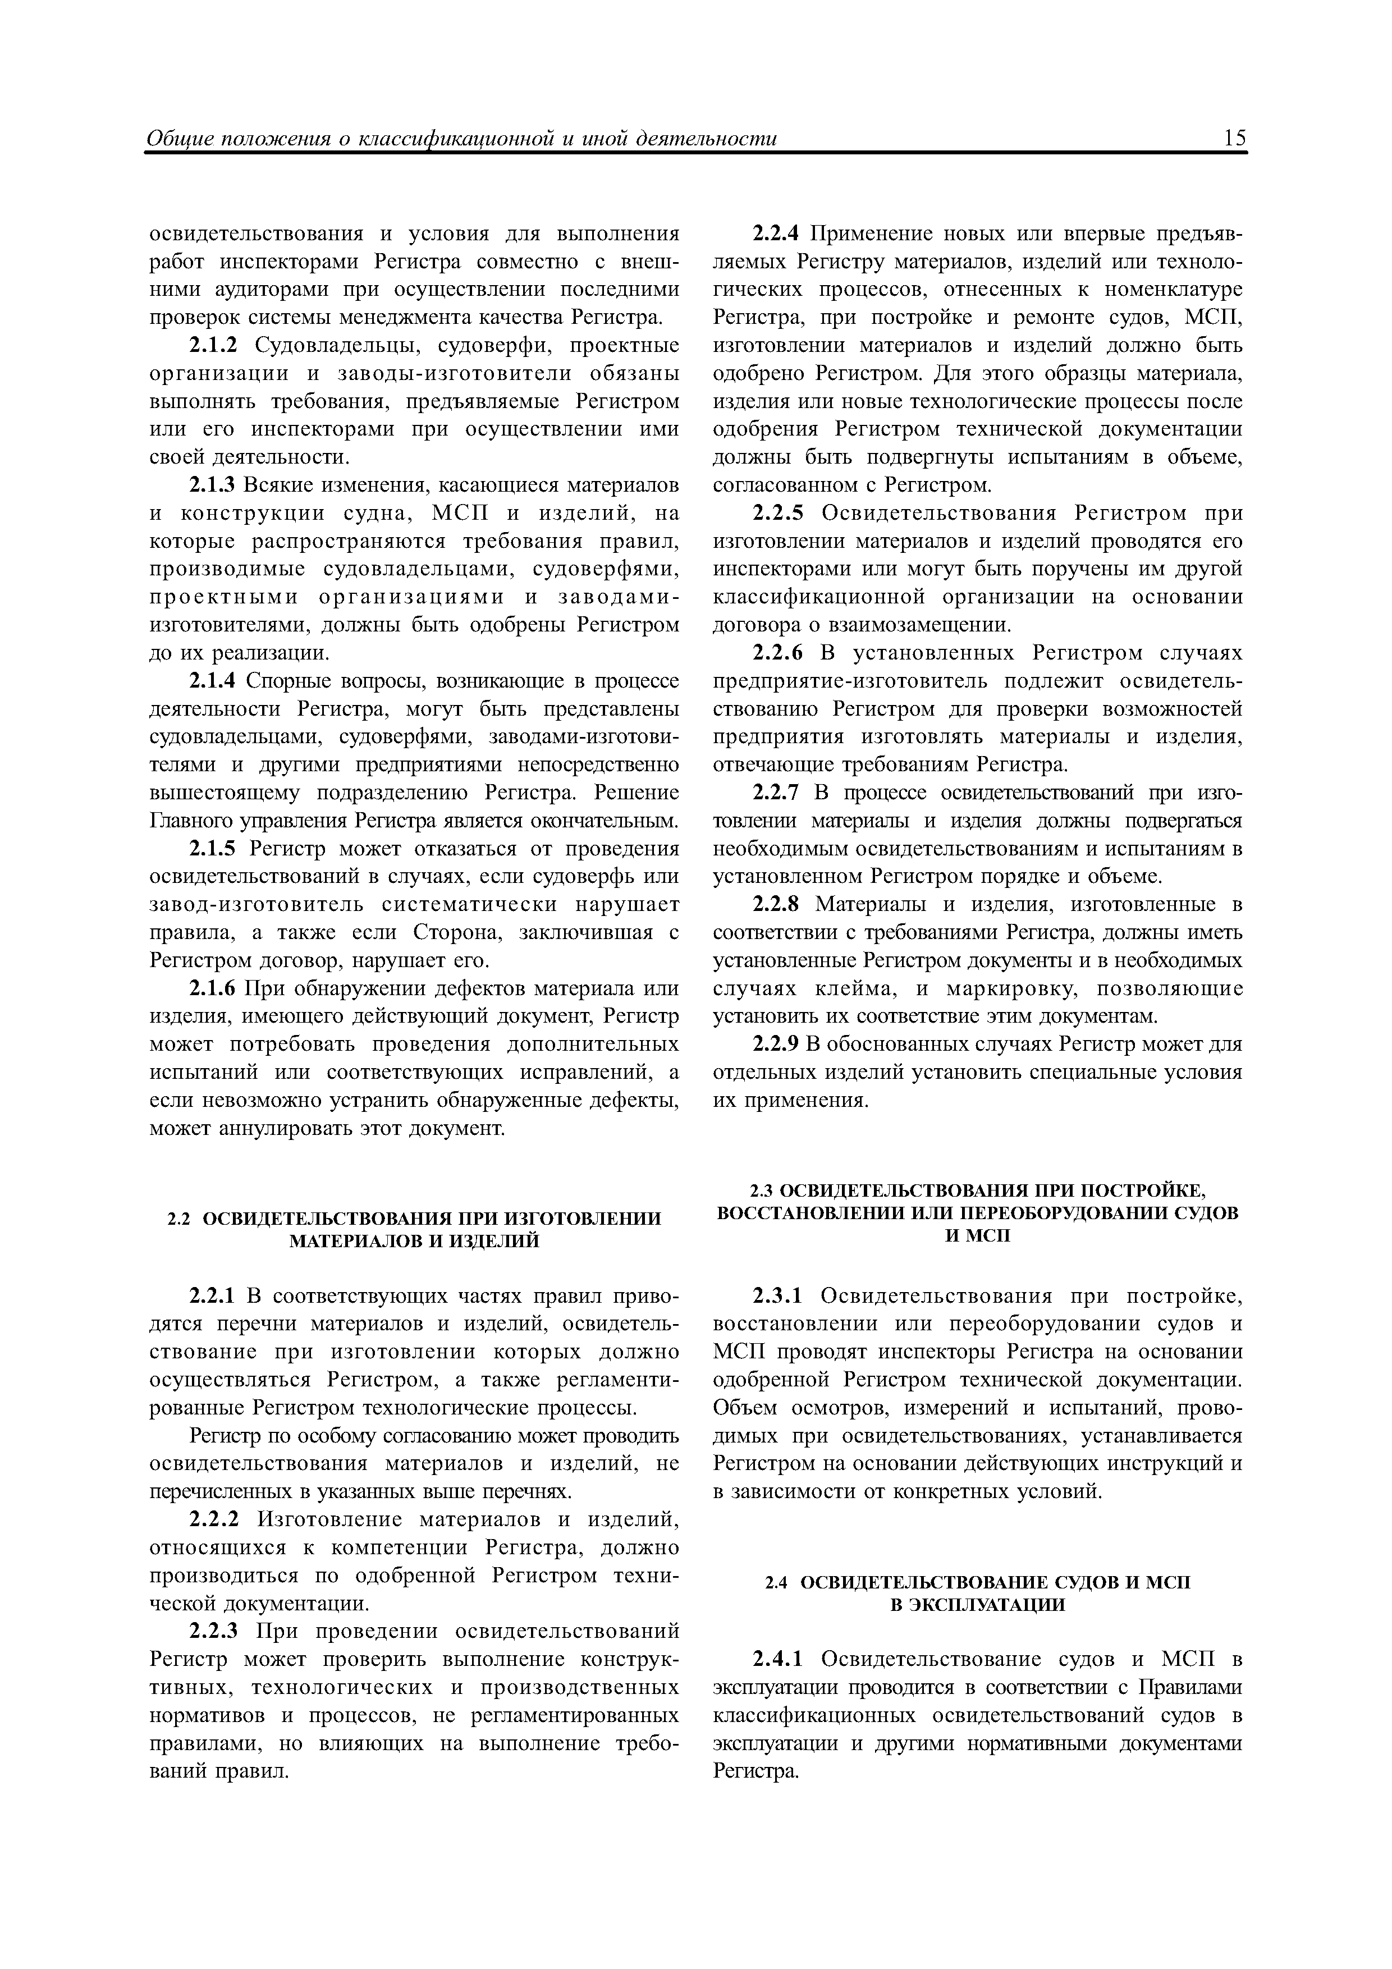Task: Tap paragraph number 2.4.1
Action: point(777,1659)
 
